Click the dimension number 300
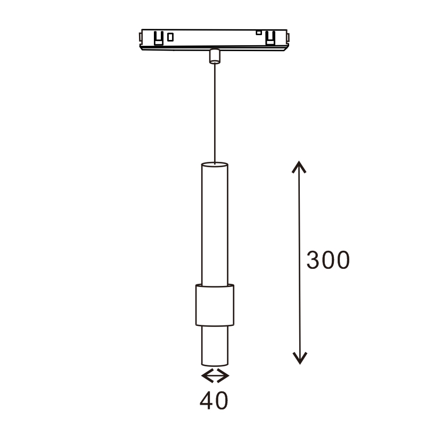328,260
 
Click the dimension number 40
214,400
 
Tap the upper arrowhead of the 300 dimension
300,167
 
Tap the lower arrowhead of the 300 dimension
300,358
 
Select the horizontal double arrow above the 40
215,376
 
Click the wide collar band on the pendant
215,305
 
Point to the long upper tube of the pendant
215,224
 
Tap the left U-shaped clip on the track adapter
158,38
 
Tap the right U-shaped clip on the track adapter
271,38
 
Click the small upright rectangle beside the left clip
170,37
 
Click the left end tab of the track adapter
140,38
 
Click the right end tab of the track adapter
289,38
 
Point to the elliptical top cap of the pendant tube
215,165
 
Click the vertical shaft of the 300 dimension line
300,224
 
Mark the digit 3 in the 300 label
313,260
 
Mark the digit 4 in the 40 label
207,400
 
